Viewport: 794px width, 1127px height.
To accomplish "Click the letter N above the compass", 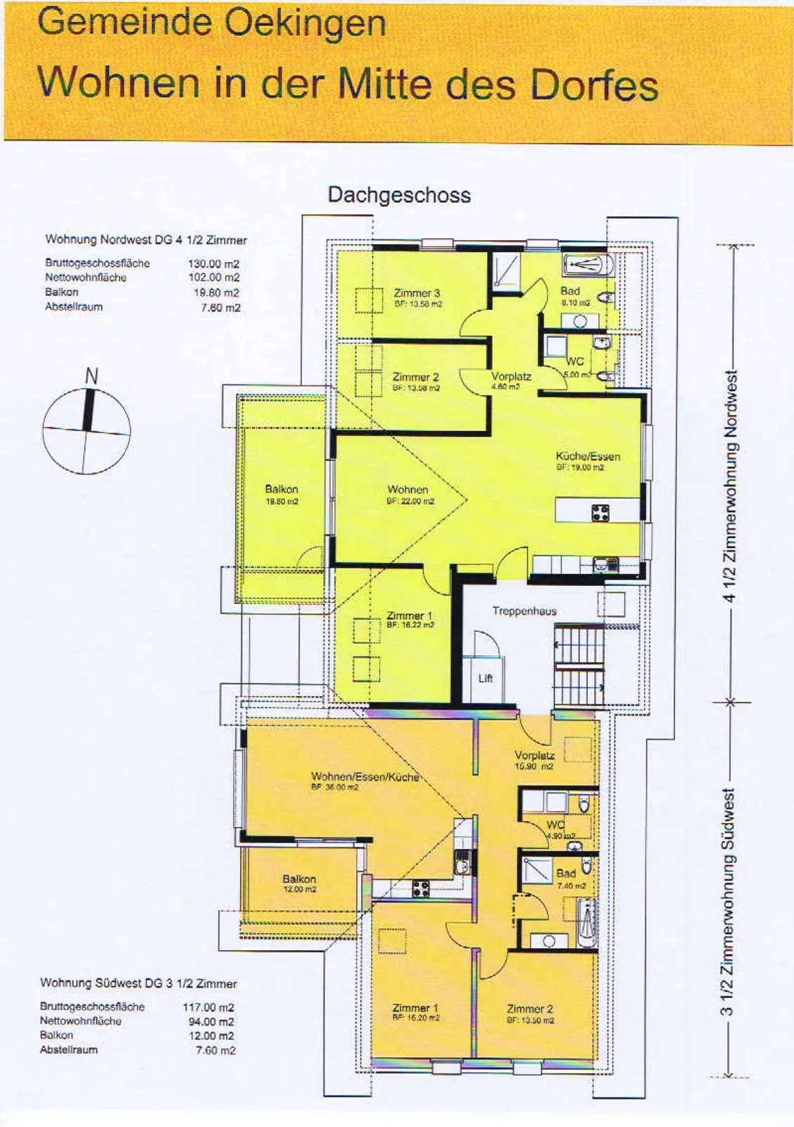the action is click(91, 376).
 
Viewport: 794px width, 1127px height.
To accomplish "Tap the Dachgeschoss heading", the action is click(399, 195).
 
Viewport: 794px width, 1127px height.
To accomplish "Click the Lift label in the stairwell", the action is click(485, 678).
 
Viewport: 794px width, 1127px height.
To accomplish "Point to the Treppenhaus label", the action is click(524, 611).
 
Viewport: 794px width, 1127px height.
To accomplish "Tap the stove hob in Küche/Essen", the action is click(600, 513).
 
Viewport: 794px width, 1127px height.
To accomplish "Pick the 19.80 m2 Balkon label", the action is click(282, 494).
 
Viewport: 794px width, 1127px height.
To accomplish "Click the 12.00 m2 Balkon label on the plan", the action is click(299, 883).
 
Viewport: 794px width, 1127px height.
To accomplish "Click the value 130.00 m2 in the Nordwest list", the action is click(214, 263).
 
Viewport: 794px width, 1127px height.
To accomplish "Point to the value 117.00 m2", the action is click(208, 1007).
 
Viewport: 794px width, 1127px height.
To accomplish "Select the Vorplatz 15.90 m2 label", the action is click(534, 760).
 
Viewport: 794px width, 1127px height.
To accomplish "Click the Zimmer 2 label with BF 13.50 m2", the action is click(530, 1014).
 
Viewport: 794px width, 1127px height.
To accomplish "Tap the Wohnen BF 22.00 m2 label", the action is click(410, 494).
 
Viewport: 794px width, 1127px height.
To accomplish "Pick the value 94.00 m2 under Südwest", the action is click(210, 1021).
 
